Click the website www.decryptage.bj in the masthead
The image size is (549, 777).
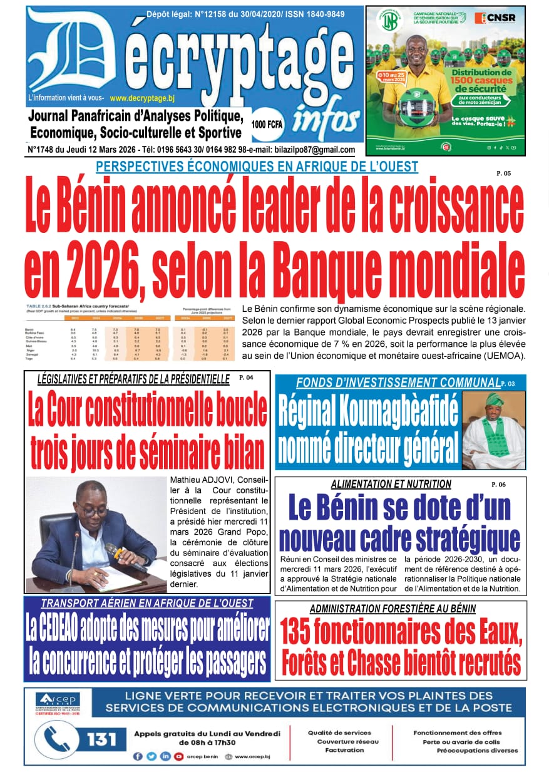(x=150, y=98)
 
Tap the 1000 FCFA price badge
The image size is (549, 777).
(x=267, y=123)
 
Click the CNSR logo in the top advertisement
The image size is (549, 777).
(x=495, y=18)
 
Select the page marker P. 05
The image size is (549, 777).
(x=503, y=173)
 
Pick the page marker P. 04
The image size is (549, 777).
(x=246, y=378)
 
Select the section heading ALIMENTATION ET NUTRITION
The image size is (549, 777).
(x=391, y=484)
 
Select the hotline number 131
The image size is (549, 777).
(x=101, y=739)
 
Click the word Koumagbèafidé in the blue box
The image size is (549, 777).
(x=369, y=413)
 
